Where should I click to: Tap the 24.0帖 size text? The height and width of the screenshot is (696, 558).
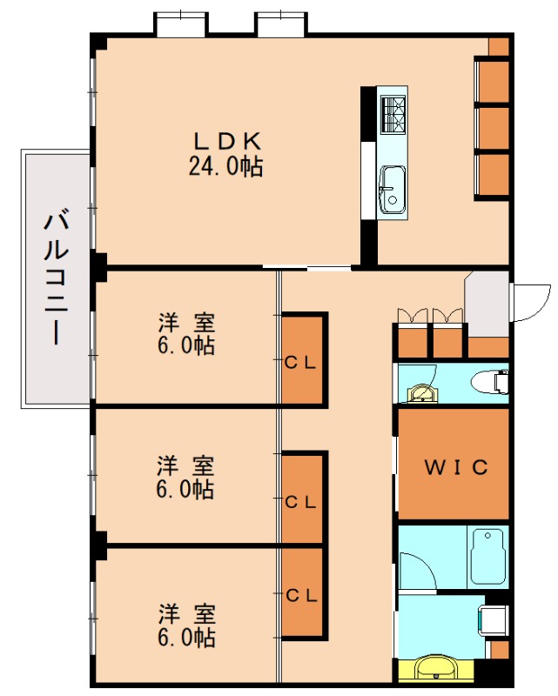coord(225,166)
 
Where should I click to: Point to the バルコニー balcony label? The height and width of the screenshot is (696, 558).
coord(57,277)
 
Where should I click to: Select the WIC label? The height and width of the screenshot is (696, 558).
coord(454,467)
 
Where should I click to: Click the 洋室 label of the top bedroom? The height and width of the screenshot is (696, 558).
coord(185,323)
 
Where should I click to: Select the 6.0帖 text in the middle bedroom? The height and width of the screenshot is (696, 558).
coord(185,490)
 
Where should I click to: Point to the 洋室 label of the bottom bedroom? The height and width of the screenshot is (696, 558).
coord(185,612)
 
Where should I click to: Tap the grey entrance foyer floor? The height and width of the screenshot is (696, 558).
coord(487,301)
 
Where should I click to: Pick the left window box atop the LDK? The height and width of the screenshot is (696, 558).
coord(181,23)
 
